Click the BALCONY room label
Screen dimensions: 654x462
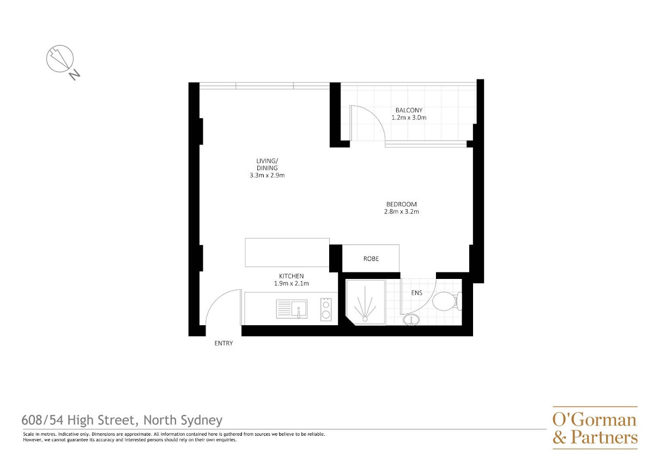[409, 110]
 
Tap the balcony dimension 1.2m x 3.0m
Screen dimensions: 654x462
[409, 118]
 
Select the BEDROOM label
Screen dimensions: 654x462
[402, 204]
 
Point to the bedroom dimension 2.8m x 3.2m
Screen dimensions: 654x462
[402, 211]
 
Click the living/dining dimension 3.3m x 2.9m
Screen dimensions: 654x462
[267, 175]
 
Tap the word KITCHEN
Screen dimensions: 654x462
[292, 276]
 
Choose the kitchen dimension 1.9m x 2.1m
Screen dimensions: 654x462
[292, 283]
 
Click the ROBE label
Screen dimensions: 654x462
[371, 259]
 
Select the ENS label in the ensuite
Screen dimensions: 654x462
[416, 293]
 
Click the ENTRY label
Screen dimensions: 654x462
[223, 344]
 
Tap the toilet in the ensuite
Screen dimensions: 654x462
[447, 301]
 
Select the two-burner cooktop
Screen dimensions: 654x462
[326, 309]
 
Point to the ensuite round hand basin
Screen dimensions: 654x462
[411, 320]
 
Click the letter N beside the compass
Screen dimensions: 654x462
[75, 75]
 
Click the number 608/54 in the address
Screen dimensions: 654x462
[43, 421]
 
